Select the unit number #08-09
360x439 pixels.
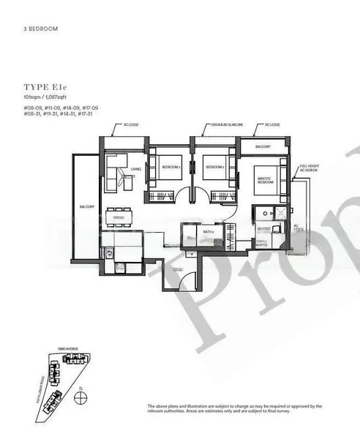pos(33,108)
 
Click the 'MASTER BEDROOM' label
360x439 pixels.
pos(265,178)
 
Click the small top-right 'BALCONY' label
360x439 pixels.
pos(263,147)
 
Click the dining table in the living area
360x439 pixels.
pos(119,217)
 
